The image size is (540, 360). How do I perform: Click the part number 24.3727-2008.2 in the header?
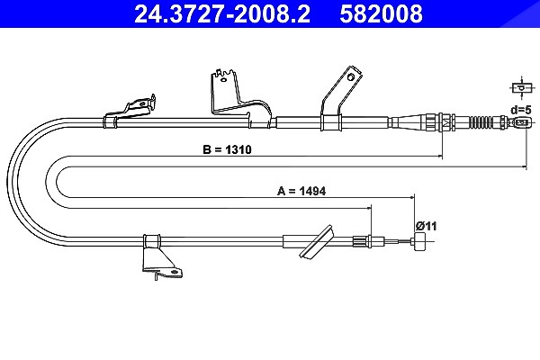pyautogui.click(x=222, y=13)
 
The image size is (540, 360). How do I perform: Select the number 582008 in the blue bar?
pyautogui.click(x=381, y=13)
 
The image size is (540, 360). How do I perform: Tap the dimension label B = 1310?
pyautogui.click(x=228, y=150)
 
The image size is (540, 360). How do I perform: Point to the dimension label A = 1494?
pyautogui.click(x=301, y=191)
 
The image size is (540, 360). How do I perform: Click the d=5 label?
pyautogui.click(x=521, y=110)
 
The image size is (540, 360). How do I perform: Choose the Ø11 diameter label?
pyautogui.click(x=426, y=226)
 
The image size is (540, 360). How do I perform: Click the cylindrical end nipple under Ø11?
pyautogui.click(x=419, y=241)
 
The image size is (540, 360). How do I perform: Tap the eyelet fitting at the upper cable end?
pyautogui.click(x=522, y=122)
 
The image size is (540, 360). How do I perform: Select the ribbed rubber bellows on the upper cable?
pyautogui.click(x=481, y=122)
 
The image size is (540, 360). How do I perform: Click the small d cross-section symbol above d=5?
pyautogui.click(x=521, y=88)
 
